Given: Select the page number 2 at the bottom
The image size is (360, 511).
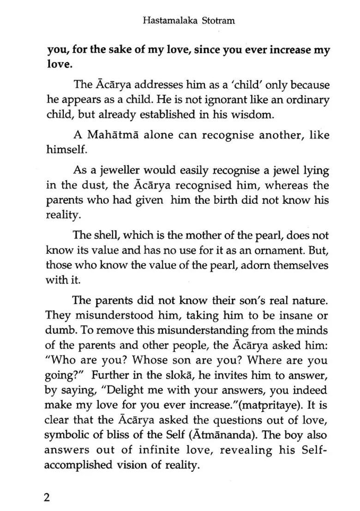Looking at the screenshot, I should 46,498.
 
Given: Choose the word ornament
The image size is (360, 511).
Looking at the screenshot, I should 280,251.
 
